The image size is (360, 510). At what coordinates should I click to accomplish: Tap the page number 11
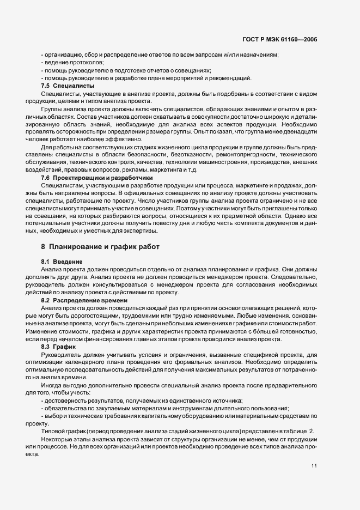tap(315, 465)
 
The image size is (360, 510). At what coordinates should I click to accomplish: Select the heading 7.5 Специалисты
tap(68, 86)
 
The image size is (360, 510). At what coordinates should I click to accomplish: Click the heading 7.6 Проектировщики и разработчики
tap(97, 178)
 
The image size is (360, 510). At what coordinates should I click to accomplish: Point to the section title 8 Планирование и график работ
tap(100, 247)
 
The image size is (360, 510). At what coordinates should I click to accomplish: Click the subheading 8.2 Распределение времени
tap(84, 300)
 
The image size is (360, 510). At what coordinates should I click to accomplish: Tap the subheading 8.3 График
tap(59, 347)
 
